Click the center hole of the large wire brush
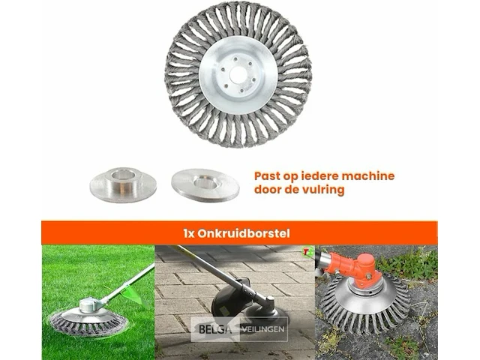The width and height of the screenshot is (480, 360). [238, 75]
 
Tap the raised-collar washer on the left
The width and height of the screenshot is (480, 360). [123, 184]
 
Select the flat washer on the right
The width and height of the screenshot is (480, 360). [205, 185]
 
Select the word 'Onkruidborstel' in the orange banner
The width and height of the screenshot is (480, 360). [244, 233]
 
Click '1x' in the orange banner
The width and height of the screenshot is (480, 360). [189, 234]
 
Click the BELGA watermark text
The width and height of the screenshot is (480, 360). [215, 329]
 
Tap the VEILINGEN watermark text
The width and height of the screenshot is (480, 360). [263, 330]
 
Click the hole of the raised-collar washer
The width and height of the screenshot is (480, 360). [123, 175]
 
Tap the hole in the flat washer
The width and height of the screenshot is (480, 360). [205, 183]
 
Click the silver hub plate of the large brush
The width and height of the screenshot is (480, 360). [238, 75]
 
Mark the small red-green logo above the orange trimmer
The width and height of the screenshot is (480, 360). [306, 251]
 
